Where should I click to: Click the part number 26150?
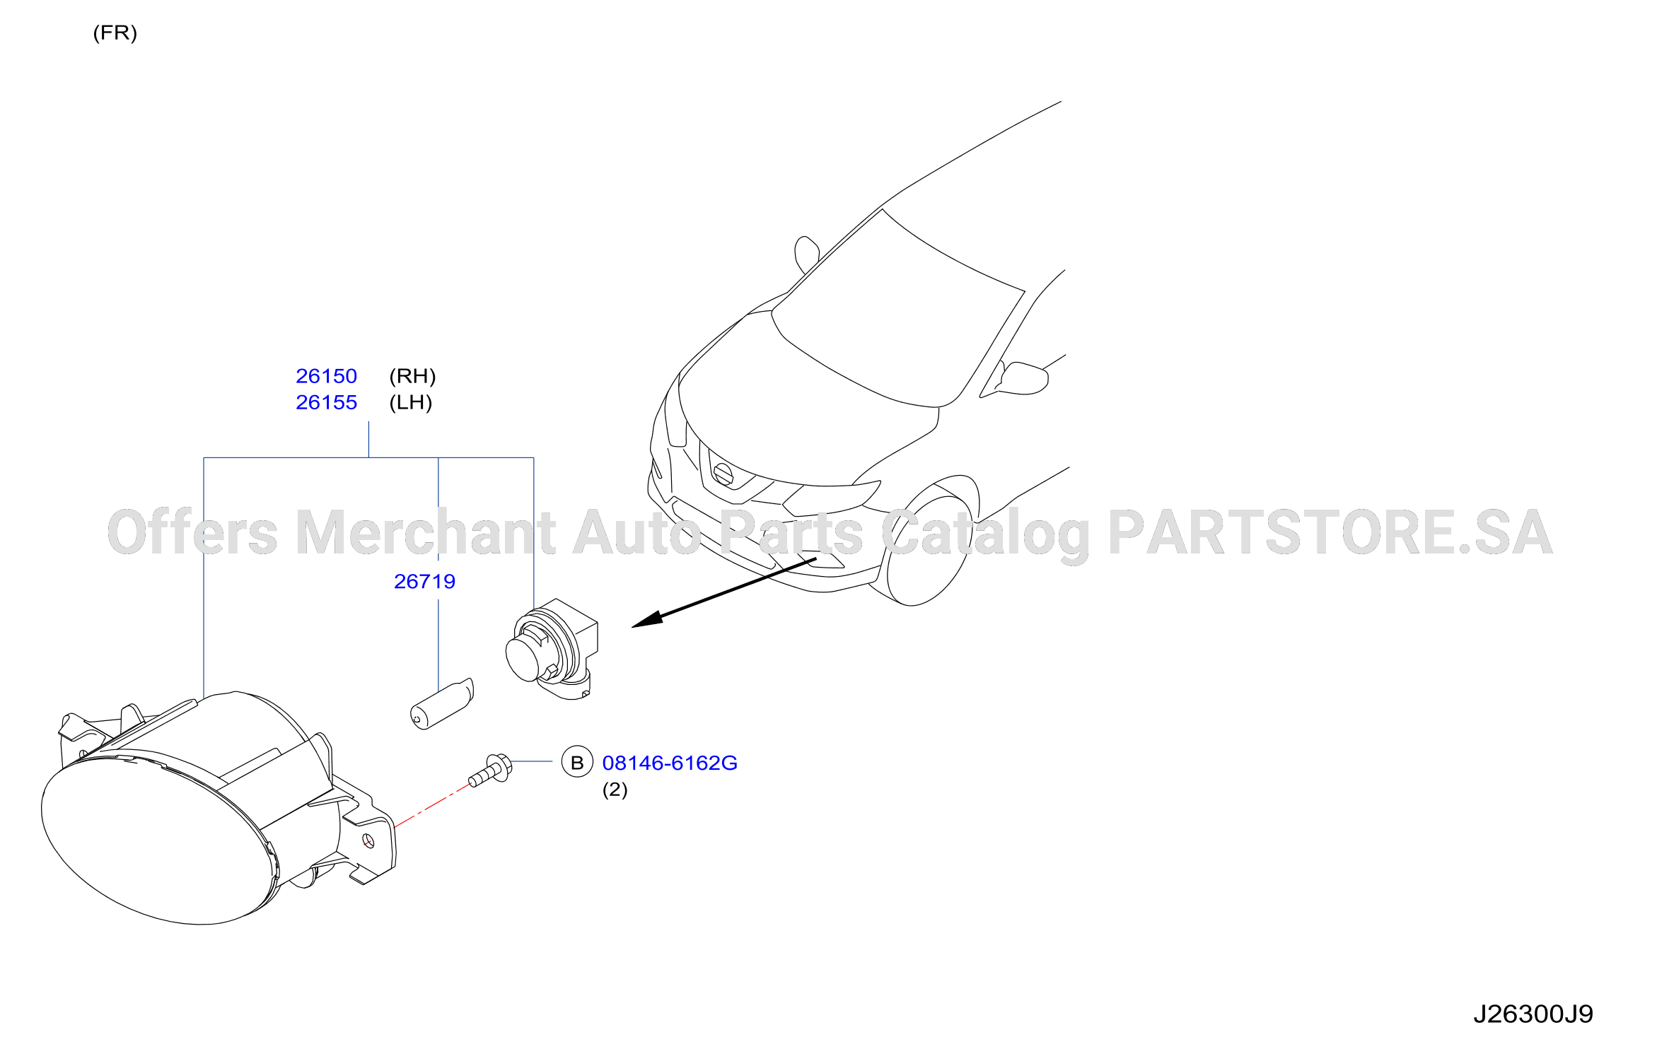[326, 376]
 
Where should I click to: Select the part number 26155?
[326, 402]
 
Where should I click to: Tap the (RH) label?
[412, 376]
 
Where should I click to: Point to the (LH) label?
[410, 402]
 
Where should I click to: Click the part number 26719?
[424, 581]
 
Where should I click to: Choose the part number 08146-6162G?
[670, 763]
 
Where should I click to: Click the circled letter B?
[577, 762]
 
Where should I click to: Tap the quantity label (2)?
[615, 790]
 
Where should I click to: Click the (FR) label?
[115, 33]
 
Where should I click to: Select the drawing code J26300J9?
[1533, 1014]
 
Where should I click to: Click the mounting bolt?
[490, 770]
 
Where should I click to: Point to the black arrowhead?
[647, 619]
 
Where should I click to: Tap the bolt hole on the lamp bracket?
[368, 840]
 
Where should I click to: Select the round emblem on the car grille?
[723, 473]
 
